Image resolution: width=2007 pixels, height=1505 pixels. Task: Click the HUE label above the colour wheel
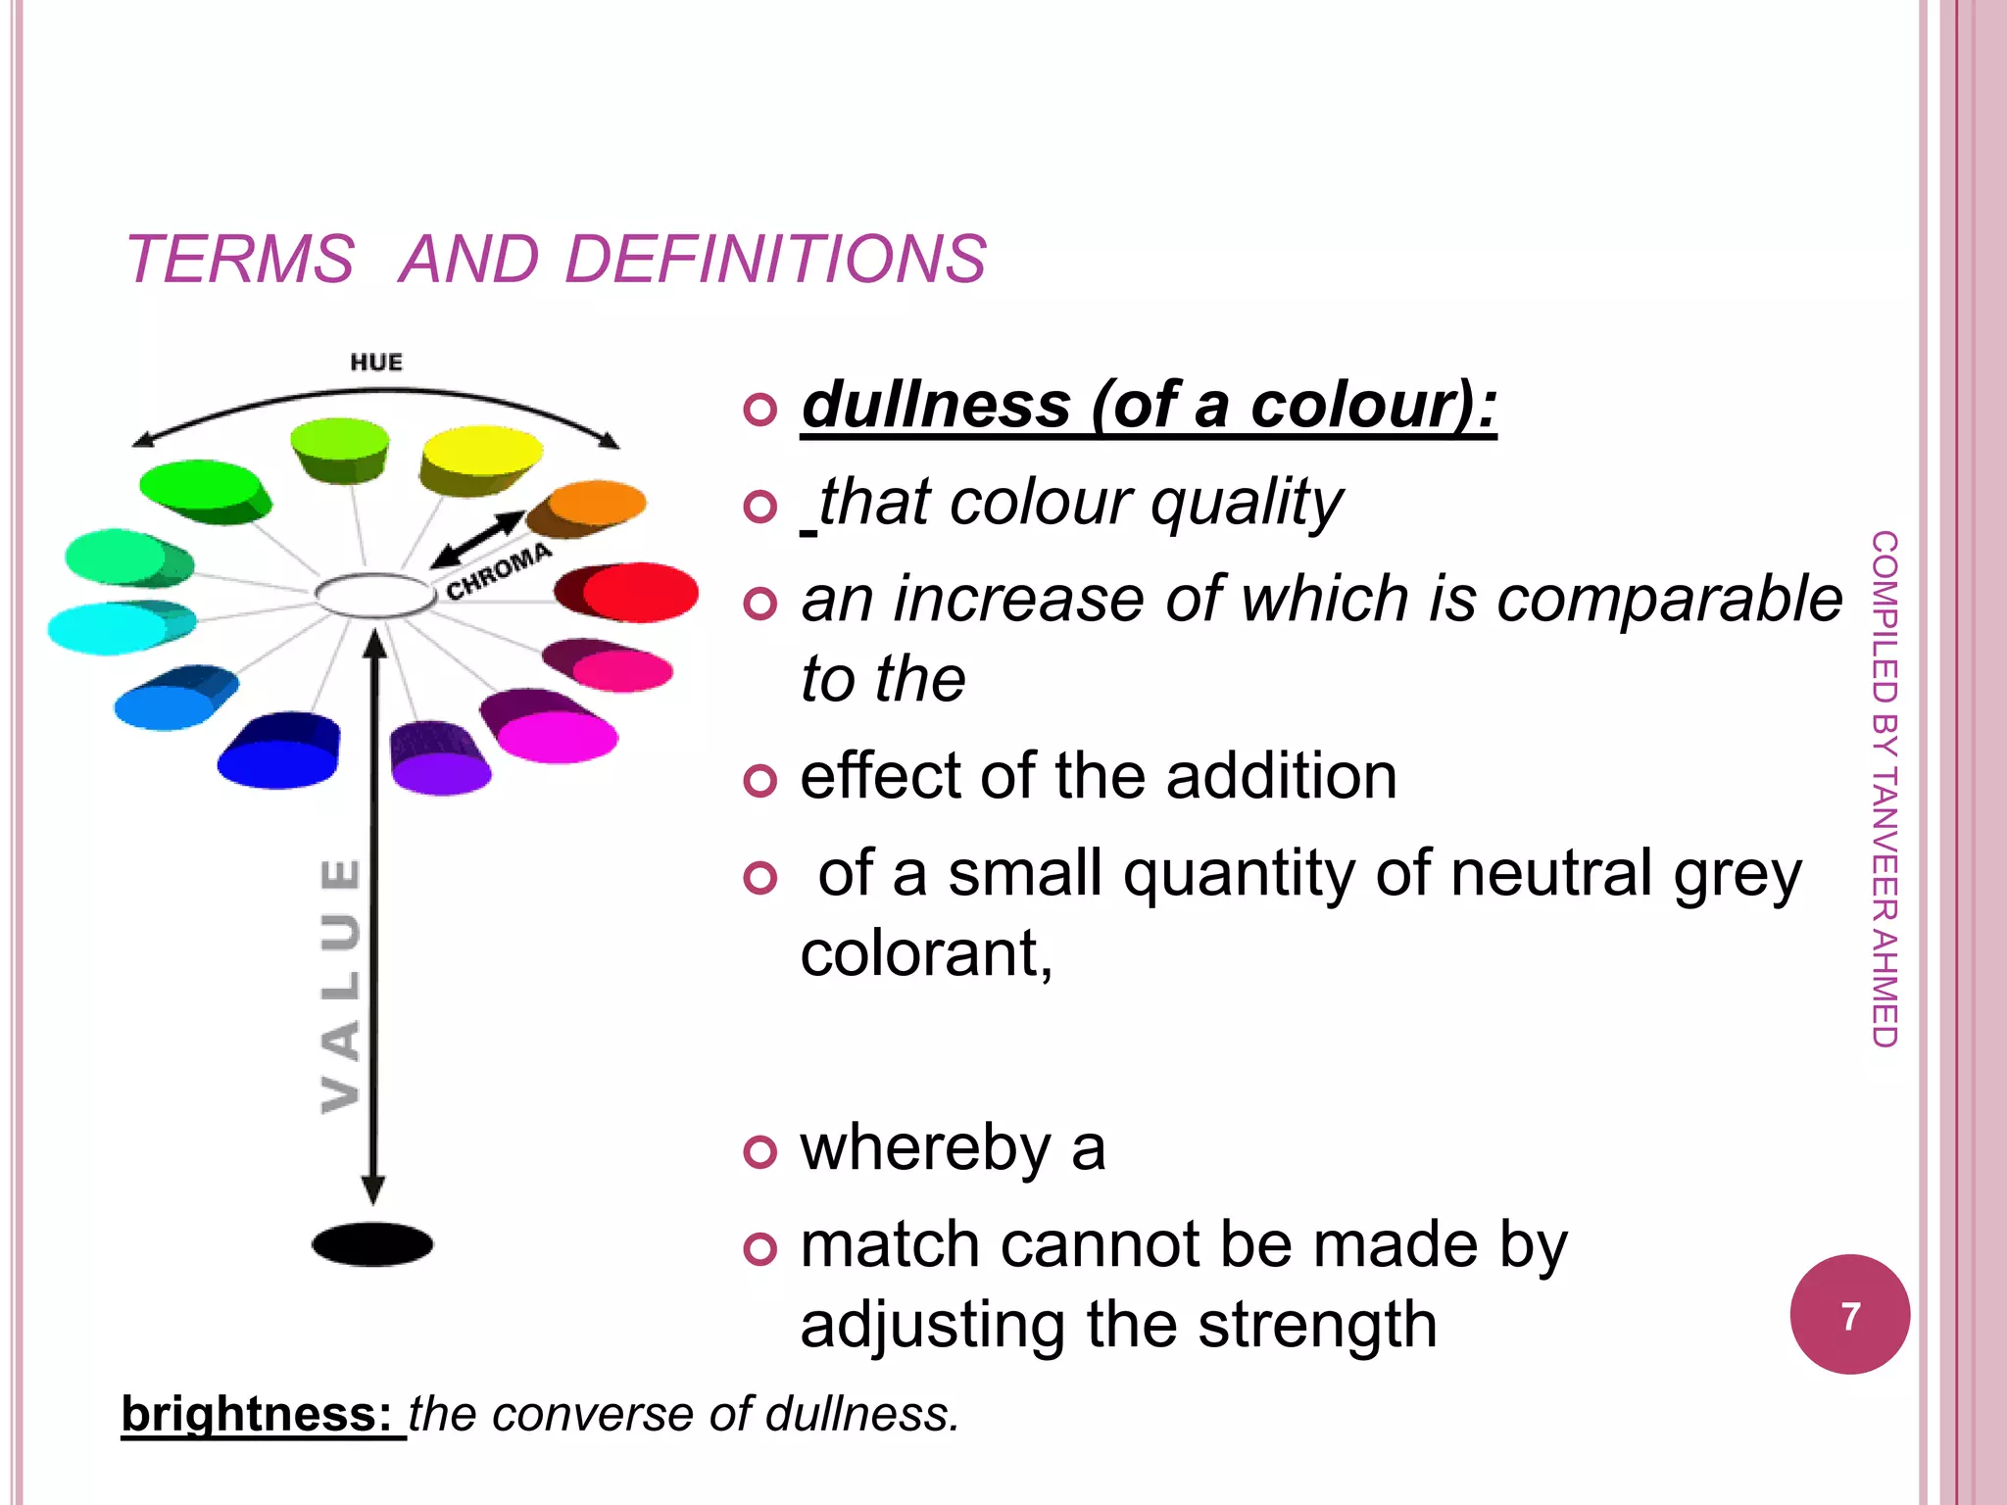(x=376, y=363)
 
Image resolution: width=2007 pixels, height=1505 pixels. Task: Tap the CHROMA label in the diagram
(x=499, y=572)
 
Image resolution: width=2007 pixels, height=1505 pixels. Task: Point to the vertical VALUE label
(x=341, y=985)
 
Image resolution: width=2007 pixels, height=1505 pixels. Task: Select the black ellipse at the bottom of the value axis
(x=372, y=1244)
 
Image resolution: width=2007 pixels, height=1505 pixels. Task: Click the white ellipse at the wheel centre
(x=375, y=595)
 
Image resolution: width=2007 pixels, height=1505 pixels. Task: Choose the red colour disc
(x=639, y=592)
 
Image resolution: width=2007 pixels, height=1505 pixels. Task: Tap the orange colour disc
(x=596, y=503)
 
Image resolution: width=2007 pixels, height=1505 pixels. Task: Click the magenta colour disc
(x=557, y=735)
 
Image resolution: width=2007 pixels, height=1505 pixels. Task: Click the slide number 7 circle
(x=1849, y=1315)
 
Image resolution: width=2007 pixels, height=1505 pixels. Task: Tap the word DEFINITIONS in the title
(x=775, y=260)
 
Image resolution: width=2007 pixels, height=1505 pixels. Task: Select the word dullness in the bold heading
(x=937, y=405)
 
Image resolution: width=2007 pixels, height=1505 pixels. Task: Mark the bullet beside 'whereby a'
(x=759, y=1151)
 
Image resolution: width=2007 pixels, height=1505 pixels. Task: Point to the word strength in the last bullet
(x=1317, y=1325)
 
